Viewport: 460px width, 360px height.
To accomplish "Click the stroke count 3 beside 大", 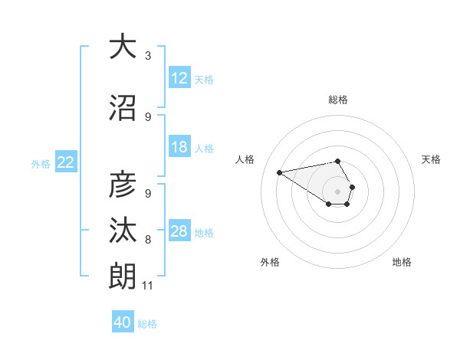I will [148, 56].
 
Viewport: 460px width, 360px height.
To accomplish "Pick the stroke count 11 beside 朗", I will [148, 286].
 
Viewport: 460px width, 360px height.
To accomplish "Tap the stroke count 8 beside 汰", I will [148, 240].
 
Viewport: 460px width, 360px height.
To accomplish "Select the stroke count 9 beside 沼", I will [148, 117].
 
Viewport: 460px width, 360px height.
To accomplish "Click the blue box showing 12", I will [179, 78].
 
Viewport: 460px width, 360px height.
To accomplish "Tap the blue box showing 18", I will [179, 147].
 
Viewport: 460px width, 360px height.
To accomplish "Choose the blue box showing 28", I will [179, 231].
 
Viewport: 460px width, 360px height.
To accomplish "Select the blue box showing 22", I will [66, 162].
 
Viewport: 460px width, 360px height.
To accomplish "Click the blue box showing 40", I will [123, 322].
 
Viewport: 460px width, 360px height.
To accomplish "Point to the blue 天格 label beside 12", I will [204, 79].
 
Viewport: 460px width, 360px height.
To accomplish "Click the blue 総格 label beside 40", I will [147, 324].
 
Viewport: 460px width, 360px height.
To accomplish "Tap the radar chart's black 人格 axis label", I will [245, 159].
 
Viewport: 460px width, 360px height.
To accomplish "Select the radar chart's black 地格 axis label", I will [402, 262].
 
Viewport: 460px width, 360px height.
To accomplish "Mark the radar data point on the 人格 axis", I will [279, 172].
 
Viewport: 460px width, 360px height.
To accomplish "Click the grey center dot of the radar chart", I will [337, 191].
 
